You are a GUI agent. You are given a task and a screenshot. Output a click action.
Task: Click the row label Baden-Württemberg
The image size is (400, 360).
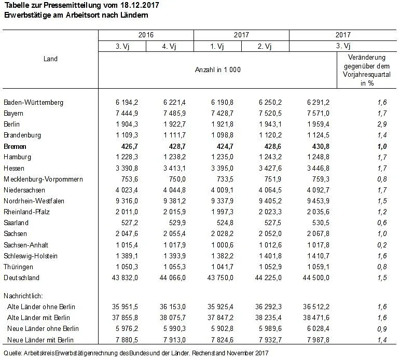33,103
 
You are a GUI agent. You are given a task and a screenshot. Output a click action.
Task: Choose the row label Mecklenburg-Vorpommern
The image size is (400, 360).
43,179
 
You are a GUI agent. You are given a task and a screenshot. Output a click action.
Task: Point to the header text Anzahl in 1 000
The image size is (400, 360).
217,70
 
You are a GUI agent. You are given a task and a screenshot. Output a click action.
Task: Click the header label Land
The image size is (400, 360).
50,59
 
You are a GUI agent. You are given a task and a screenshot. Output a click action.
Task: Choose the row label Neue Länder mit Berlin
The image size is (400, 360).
43,340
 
